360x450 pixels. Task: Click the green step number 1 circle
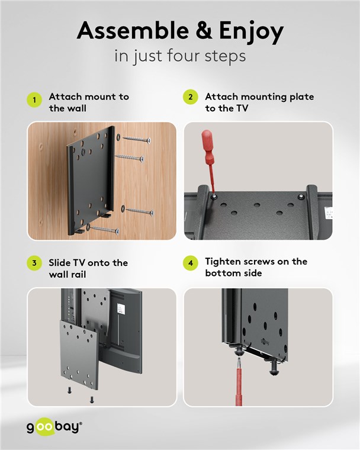pyautogui.click(x=34, y=99)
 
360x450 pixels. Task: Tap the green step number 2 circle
pyautogui.click(x=191, y=97)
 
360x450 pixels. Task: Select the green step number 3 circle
pyautogui.click(x=34, y=262)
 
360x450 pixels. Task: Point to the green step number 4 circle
pyautogui.click(x=191, y=262)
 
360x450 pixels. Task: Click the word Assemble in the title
pyautogui.click(x=133, y=30)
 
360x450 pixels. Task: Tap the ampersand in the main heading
pyautogui.click(x=204, y=30)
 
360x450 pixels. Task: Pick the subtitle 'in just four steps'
pyautogui.click(x=180, y=56)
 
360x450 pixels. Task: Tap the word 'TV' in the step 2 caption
pyautogui.click(x=242, y=108)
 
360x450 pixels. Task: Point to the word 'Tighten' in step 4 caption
pyautogui.click(x=221, y=262)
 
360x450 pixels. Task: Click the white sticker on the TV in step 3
pyautogui.click(x=121, y=308)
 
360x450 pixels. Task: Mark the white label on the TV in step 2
pyautogui.click(x=329, y=213)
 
